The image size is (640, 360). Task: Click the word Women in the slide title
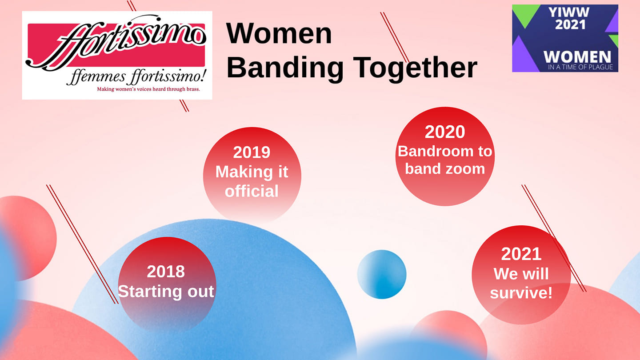point(279,33)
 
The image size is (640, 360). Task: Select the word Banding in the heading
point(285,68)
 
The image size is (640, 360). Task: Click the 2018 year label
point(166,272)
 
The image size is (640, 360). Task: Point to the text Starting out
point(166,292)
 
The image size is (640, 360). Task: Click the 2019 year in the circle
point(252,152)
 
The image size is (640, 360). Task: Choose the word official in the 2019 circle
point(252,191)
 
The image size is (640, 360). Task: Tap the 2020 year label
point(445,132)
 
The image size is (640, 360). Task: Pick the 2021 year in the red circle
point(521,254)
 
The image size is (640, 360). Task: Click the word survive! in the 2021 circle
point(521,293)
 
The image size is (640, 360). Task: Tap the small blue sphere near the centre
point(382,274)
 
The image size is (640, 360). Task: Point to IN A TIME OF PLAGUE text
point(580,67)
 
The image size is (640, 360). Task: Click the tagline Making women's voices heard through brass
point(148,89)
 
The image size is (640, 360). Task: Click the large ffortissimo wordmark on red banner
point(116,43)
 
